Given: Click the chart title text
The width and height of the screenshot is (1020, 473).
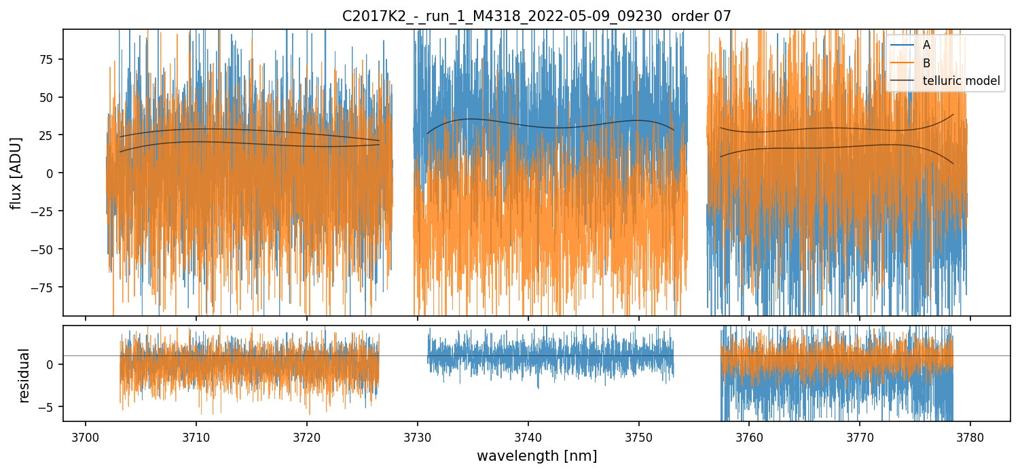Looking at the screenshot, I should pyautogui.click(x=536, y=16).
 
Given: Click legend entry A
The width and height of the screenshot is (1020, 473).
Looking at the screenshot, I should pyautogui.click(x=926, y=45).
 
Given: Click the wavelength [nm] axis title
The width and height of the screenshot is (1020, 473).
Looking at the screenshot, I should pyautogui.click(x=536, y=456).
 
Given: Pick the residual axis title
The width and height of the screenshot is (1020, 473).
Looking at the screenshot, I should pyautogui.click(x=24, y=375).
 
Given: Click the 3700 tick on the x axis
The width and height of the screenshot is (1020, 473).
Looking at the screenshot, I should pyautogui.click(x=86, y=435).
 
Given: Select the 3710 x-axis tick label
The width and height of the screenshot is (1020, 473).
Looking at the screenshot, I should pyautogui.click(x=196, y=435).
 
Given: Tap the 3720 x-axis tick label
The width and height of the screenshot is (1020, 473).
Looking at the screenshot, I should pyautogui.click(x=307, y=435).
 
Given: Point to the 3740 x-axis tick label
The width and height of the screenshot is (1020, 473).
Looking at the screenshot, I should pyautogui.click(x=528, y=435).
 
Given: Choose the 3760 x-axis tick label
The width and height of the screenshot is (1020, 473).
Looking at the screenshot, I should pyautogui.click(x=749, y=435).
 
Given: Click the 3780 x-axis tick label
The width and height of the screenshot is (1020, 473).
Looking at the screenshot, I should pyautogui.click(x=970, y=435).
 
